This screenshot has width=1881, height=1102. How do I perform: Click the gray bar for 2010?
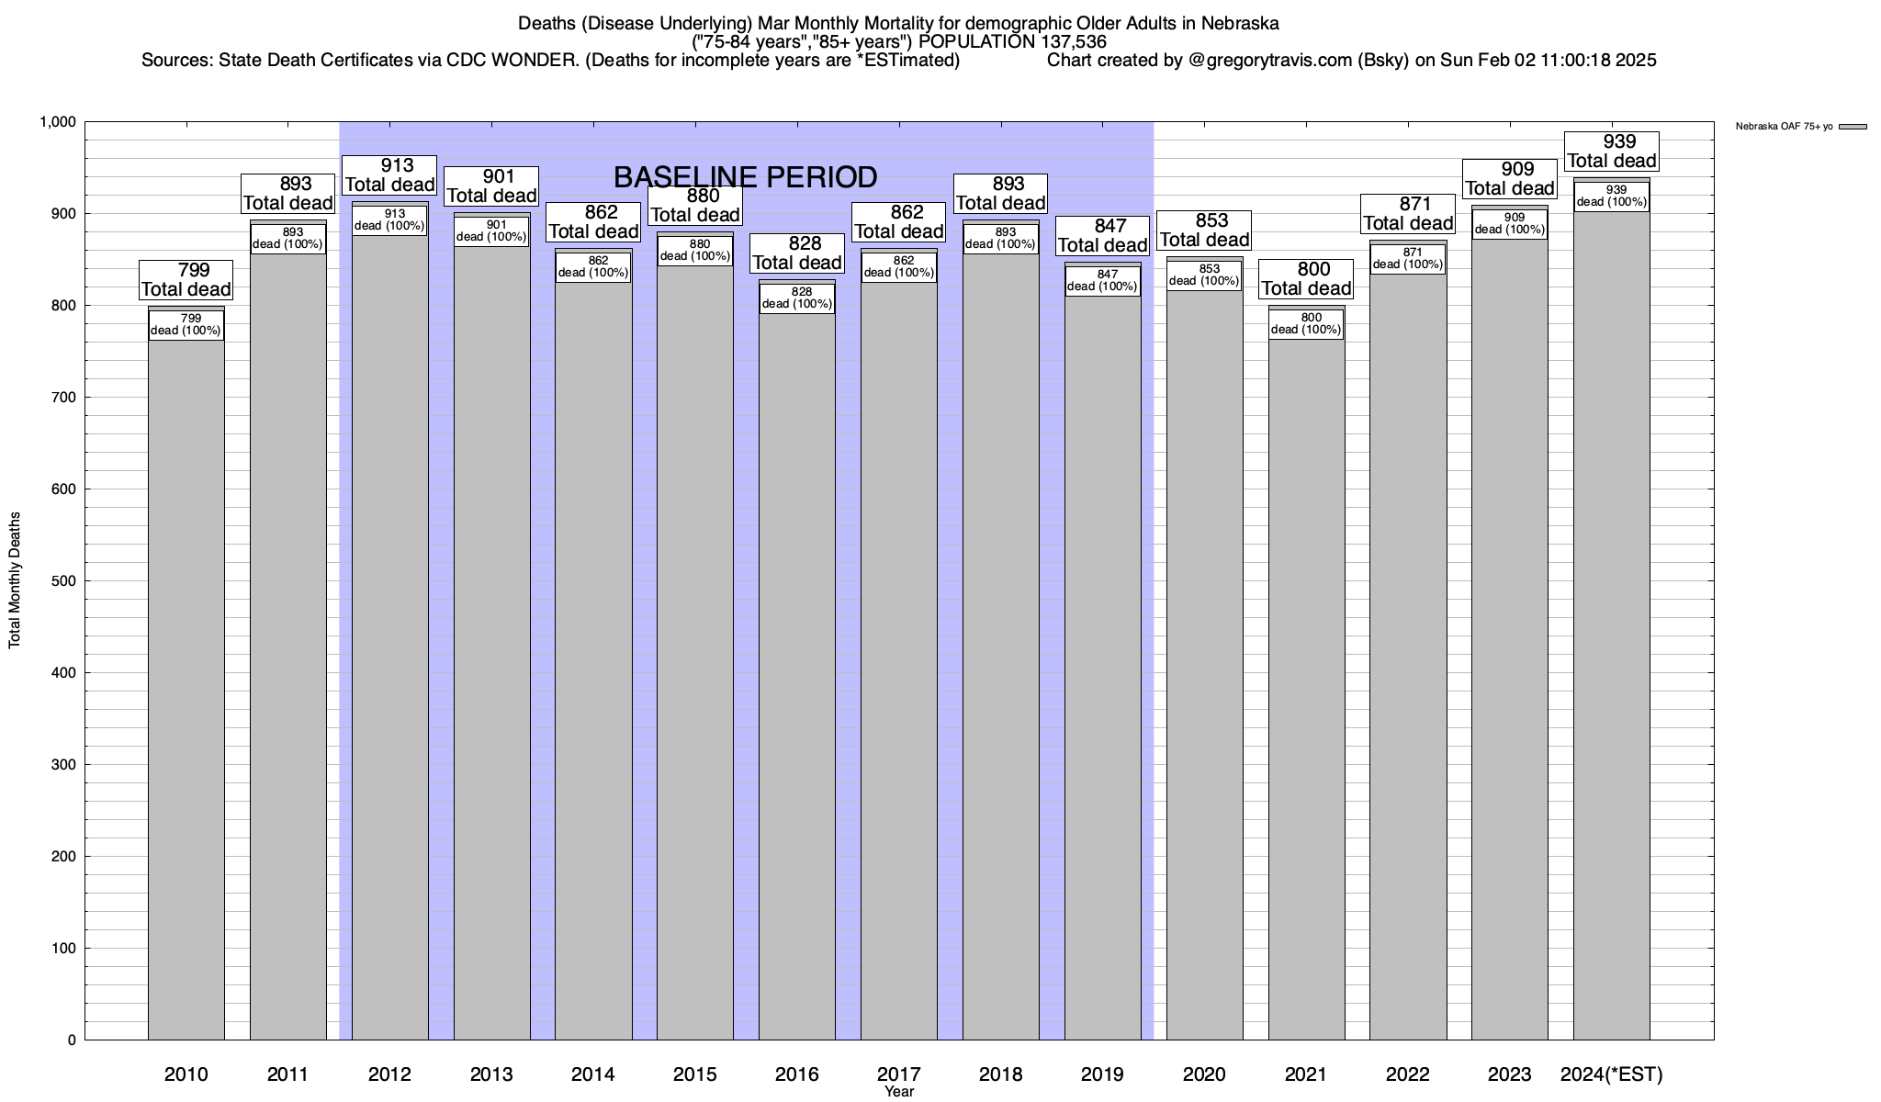coord(186,689)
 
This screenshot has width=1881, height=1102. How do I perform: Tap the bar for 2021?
coord(1306,689)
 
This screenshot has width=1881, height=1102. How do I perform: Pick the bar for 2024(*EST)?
coord(1611,624)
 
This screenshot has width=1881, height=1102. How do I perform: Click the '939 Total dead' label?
coord(1612,152)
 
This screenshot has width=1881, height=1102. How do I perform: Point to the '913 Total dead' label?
coord(389,174)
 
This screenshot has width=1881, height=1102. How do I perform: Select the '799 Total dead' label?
coord(186,280)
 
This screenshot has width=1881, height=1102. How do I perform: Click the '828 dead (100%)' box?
coord(796,298)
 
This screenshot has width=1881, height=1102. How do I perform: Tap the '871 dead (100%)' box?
coord(1407,259)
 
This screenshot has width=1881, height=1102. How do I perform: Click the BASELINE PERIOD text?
coord(745,176)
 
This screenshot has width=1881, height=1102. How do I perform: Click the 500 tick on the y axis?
coord(63,581)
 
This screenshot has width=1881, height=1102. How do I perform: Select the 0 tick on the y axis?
coord(71,1040)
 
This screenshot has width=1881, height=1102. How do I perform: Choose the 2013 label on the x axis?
coord(490,1074)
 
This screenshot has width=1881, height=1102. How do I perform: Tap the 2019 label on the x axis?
coord(1102,1074)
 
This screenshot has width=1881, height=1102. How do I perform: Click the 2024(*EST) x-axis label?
coord(1611,1074)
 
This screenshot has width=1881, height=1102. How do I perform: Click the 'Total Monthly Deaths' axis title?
coord(15,580)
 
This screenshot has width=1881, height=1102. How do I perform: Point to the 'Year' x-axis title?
coord(899,1092)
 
